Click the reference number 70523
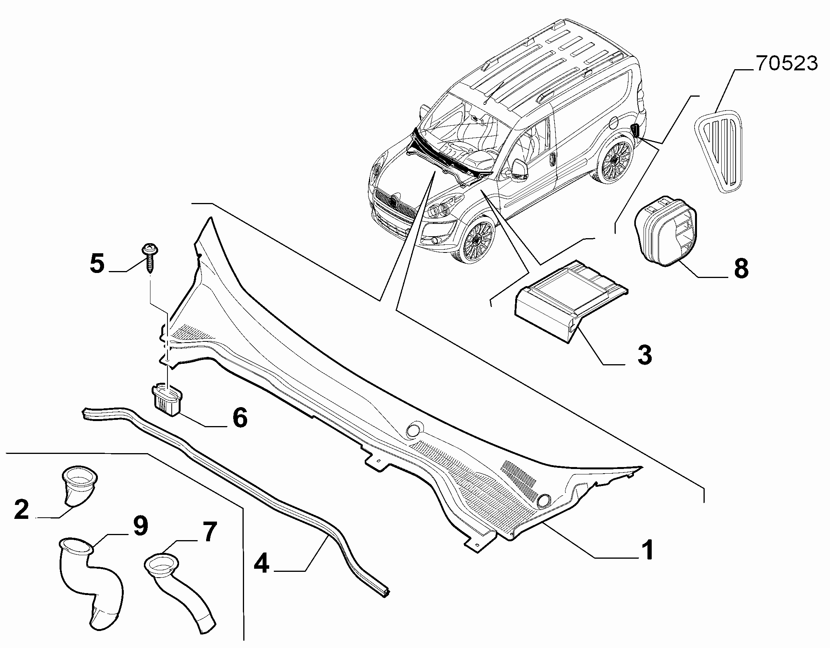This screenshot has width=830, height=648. [787, 64]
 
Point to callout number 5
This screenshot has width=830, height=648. [97, 263]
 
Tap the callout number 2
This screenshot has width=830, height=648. [22, 509]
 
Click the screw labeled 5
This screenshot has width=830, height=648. [149, 258]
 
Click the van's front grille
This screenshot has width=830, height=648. [394, 205]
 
